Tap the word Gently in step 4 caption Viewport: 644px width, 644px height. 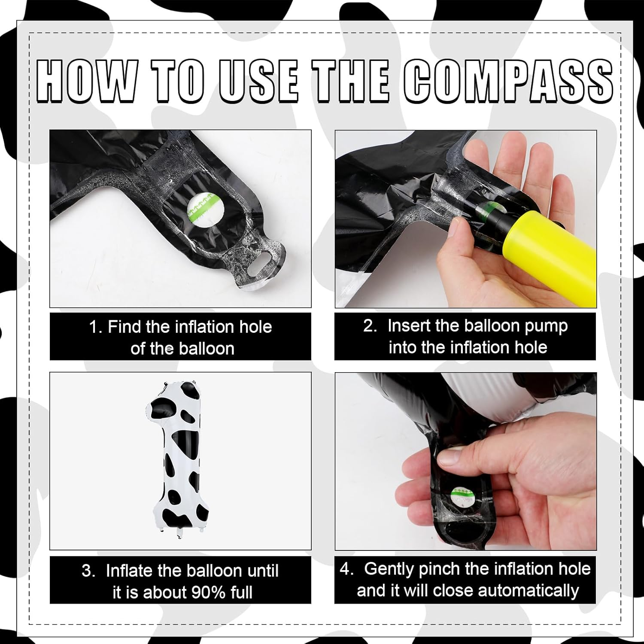click(x=389, y=569)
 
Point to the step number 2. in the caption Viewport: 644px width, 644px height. click(x=370, y=326)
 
